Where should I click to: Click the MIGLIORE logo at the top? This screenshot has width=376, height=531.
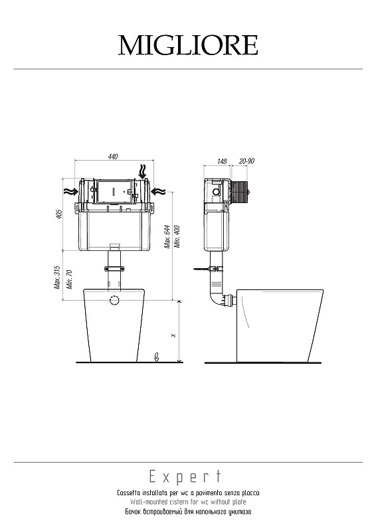pyautogui.click(x=188, y=45)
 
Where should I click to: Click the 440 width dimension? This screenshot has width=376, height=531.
pyautogui.click(x=113, y=157)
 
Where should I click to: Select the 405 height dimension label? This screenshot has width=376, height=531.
pyautogui.click(x=60, y=214)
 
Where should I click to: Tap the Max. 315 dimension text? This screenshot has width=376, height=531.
pyautogui.click(x=57, y=277)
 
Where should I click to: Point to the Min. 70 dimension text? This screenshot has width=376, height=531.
pyautogui.click(x=70, y=279)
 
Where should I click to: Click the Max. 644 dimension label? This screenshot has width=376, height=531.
pyautogui.click(x=168, y=237)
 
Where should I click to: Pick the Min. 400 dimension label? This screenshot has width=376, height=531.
pyautogui.click(x=177, y=236)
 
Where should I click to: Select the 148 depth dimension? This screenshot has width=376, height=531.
pyautogui.click(x=222, y=161)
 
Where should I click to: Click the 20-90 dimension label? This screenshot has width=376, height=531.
pyautogui.click(x=246, y=161)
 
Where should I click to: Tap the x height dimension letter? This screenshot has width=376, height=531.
pyautogui.click(x=174, y=335)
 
